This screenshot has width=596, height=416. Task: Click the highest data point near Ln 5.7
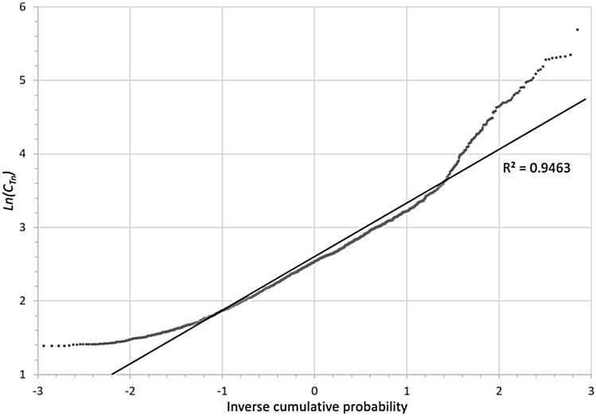[x=577, y=29]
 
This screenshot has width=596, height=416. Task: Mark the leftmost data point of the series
[x=43, y=345]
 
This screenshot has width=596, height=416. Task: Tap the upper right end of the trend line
[x=586, y=99]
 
